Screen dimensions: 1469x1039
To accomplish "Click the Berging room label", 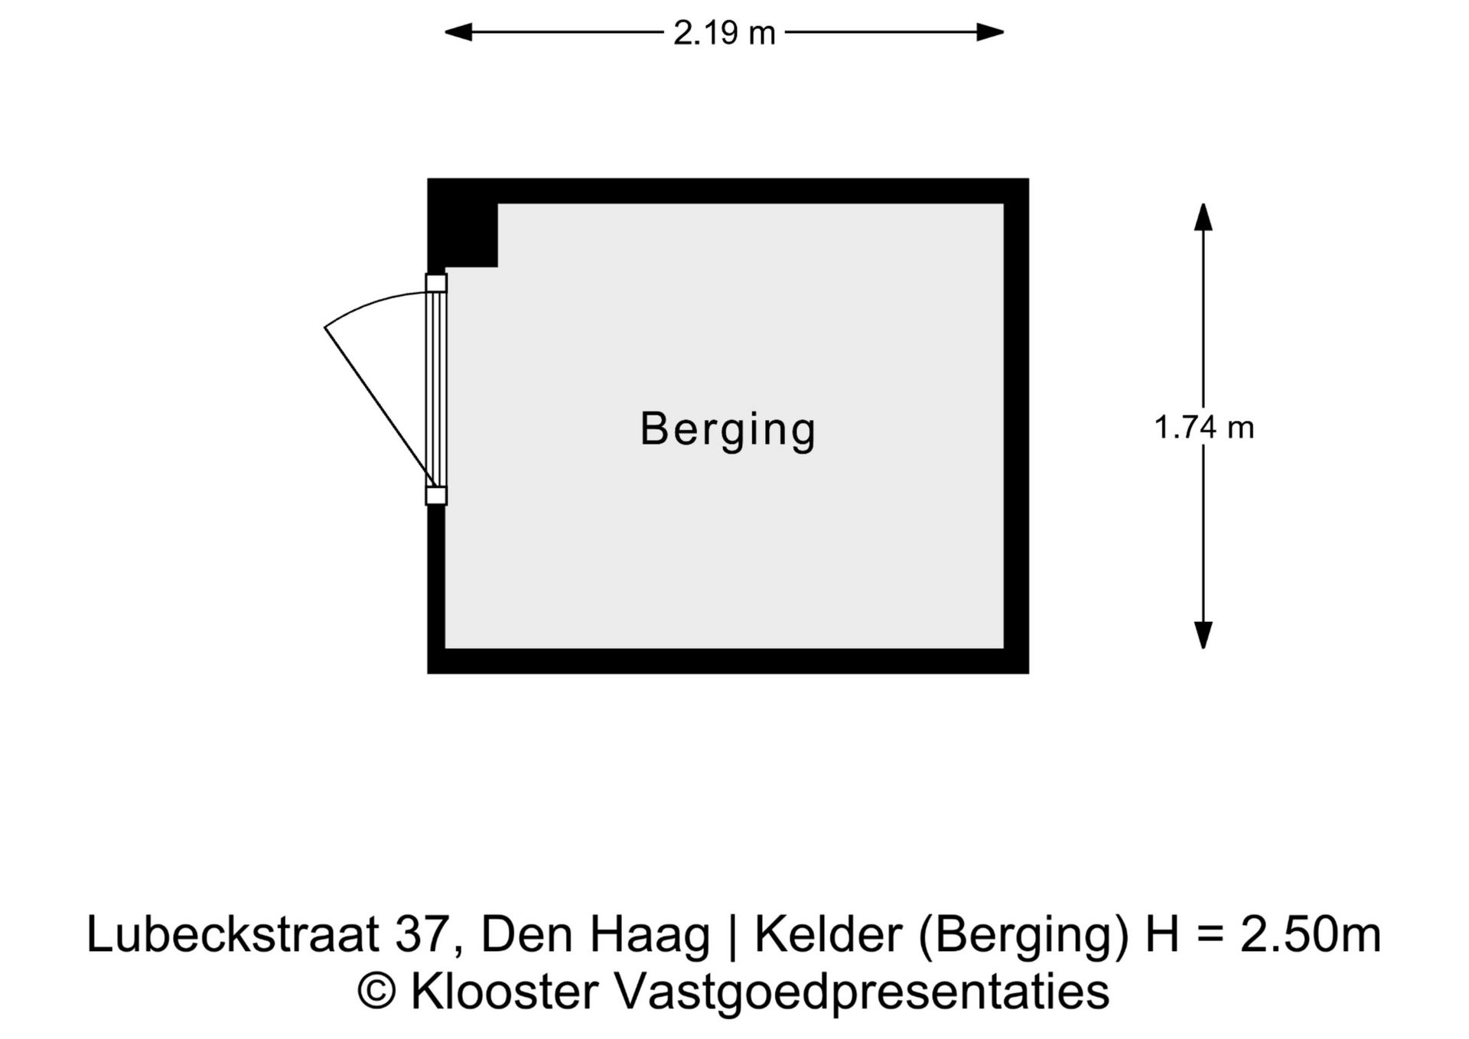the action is [x=728, y=430].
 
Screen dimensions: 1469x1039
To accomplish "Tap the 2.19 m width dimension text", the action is [x=724, y=33].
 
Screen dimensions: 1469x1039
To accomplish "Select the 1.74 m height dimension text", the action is [x=1204, y=427].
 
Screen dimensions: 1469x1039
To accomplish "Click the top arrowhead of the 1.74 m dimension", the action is [x=1204, y=217].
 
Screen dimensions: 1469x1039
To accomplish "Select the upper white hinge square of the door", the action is [x=436, y=283].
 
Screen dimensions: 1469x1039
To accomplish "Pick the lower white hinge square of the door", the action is [x=436, y=496].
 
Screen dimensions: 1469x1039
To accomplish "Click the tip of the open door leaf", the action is [x=325, y=327].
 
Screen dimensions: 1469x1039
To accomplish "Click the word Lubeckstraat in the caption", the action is [x=233, y=934].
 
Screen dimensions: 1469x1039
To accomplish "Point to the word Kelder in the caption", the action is [x=829, y=934].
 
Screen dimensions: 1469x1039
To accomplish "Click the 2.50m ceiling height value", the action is [x=1310, y=934].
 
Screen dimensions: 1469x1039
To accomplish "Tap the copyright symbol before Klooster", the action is [x=377, y=992].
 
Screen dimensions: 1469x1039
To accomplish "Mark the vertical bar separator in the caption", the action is [x=733, y=936].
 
